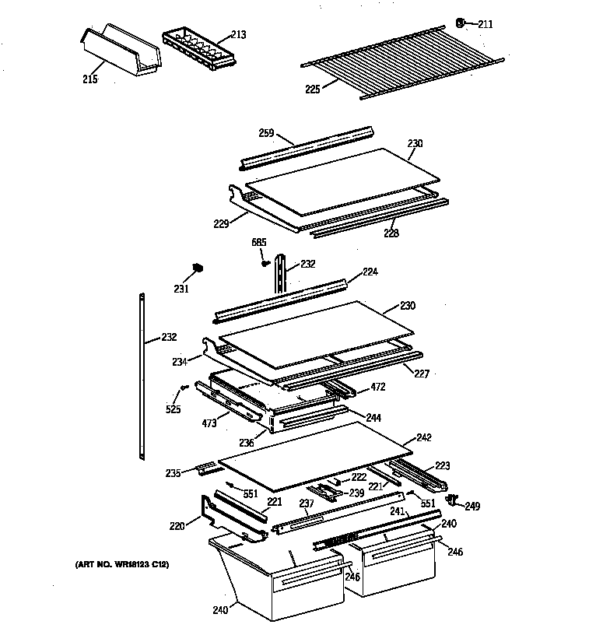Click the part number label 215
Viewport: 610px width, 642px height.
91,79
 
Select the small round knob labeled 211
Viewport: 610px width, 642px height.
461,23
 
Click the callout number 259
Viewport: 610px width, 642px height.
266,134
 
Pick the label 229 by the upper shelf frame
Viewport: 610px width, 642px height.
220,224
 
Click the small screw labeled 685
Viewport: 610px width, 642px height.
266,262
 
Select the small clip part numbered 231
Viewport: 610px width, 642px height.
198,268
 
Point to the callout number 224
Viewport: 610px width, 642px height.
370,272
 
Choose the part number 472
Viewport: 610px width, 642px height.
377,386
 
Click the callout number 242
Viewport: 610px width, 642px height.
424,437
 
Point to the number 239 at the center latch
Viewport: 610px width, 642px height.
356,493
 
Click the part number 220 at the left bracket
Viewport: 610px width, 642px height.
178,527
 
